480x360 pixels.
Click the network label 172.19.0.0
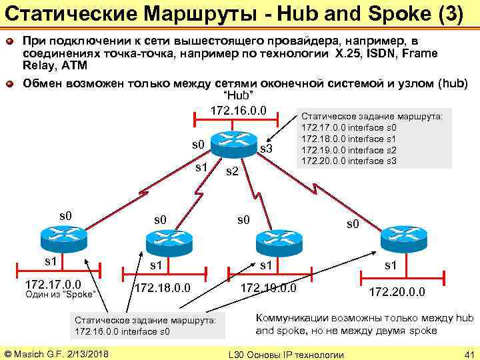268,288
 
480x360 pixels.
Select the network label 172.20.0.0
397,292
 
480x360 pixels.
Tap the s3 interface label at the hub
266,148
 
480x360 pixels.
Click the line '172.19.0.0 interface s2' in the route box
349,150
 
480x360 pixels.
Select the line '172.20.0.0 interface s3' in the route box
349,161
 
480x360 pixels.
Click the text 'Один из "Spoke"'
61,293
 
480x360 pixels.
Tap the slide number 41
467,353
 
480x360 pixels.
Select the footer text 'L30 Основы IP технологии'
286,353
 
